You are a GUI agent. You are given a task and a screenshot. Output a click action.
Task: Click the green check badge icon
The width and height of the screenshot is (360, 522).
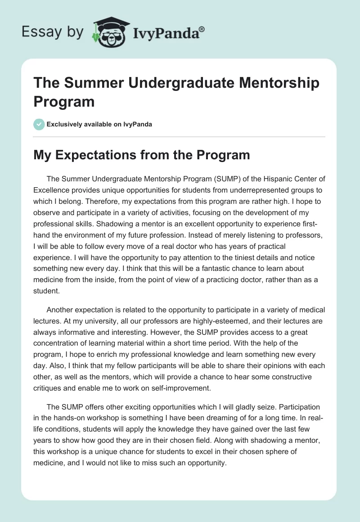39,124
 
